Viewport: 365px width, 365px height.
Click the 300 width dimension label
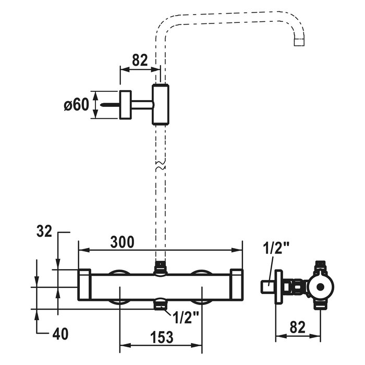pos(123,242)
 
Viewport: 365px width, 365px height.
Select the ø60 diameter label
pos(76,105)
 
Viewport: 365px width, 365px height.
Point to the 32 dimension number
pos(45,231)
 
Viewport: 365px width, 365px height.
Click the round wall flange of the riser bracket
pos(126,105)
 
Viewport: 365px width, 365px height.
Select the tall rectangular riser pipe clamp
pos(160,104)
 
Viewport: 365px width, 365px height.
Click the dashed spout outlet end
pos(299,41)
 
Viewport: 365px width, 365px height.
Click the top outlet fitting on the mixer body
pos(161,269)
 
